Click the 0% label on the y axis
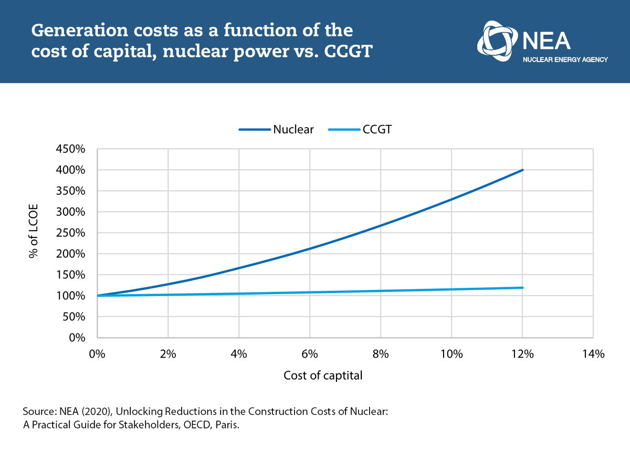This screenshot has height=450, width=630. (x=78, y=338)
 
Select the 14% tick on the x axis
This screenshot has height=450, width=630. (x=593, y=354)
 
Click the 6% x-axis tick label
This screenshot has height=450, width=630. (x=310, y=354)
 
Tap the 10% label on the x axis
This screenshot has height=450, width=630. (x=451, y=354)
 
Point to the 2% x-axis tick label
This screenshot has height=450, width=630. (x=168, y=354)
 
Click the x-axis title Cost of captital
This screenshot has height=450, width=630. (x=323, y=376)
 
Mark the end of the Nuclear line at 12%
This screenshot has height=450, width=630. (x=522, y=170)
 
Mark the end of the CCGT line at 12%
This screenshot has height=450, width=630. (x=522, y=288)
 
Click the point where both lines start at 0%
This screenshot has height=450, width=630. (x=98, y=296)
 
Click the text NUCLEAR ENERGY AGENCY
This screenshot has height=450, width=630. (x=565, y=60)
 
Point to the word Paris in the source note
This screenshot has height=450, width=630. (x=227, y=425)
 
